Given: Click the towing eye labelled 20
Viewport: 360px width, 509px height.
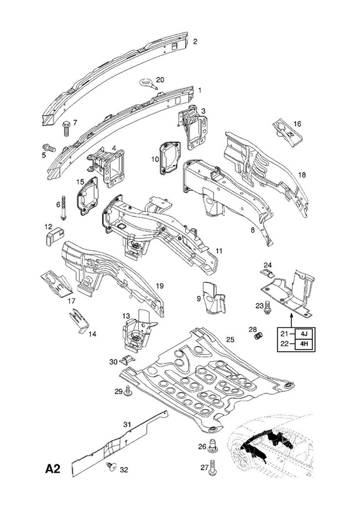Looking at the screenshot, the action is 148,83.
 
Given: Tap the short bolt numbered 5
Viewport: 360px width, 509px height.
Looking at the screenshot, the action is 50,149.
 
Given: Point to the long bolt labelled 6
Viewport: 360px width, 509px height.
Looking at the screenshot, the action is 63,209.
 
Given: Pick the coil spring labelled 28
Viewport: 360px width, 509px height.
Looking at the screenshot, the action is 259,336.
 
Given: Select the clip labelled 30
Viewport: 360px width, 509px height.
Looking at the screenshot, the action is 128,359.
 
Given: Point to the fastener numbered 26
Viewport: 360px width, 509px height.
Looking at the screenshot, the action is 212,446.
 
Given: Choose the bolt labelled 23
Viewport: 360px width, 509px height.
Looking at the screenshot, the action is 268,307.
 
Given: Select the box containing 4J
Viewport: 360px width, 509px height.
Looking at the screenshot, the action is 304,333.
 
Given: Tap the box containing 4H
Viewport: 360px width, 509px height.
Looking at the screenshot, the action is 304,344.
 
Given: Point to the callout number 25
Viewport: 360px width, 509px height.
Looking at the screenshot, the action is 230,340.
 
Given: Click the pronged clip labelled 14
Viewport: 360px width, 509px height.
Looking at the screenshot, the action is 79,320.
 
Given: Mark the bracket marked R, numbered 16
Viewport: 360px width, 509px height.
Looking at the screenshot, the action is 287,132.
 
